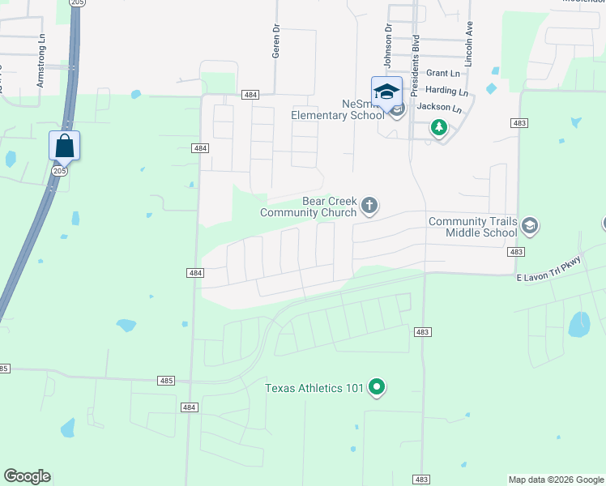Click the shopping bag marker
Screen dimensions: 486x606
[x=65, y=147]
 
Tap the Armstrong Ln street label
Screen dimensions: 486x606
[x=41, y=62]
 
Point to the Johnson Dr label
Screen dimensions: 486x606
[x=388, y=46]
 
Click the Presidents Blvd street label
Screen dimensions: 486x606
[x=415, y=54]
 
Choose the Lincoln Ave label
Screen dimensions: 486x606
[x=468, y=45]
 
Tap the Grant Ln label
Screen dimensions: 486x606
[x=442, y=74]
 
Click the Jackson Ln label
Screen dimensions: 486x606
[x=439, y=108]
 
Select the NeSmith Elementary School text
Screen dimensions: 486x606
[x=338, y=109]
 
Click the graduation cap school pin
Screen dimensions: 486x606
[x=386, y=92]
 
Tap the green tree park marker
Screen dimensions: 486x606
[x=439, y=127]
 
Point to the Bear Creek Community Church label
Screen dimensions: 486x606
[x=308, y=207]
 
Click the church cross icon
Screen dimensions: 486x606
[x=369, y=206]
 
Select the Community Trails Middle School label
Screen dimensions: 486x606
[x=472, y=227]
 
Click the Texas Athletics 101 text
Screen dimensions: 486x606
[x=314, y=388]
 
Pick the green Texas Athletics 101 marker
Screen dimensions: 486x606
[x=376, y=388]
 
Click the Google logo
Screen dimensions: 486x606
[x=28, y=476]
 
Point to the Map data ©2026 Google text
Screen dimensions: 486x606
[x=555, y=480]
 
